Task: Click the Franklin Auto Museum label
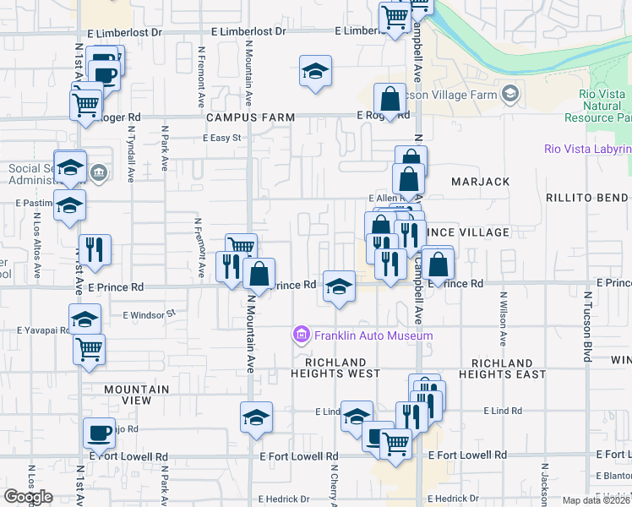pos(373,335)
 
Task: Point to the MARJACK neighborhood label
pos(480,181)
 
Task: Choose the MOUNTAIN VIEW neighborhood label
pos(136,390)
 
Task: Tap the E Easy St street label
pos(222,138)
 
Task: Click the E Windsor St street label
pos(148,313)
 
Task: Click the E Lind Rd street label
pos(504,410)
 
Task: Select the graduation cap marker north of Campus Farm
pos(315,72)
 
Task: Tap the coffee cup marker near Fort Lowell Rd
pos(99,433)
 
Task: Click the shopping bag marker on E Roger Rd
pos(390,99)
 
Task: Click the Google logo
pos(28,497)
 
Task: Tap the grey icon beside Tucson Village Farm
pos(509,92)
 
